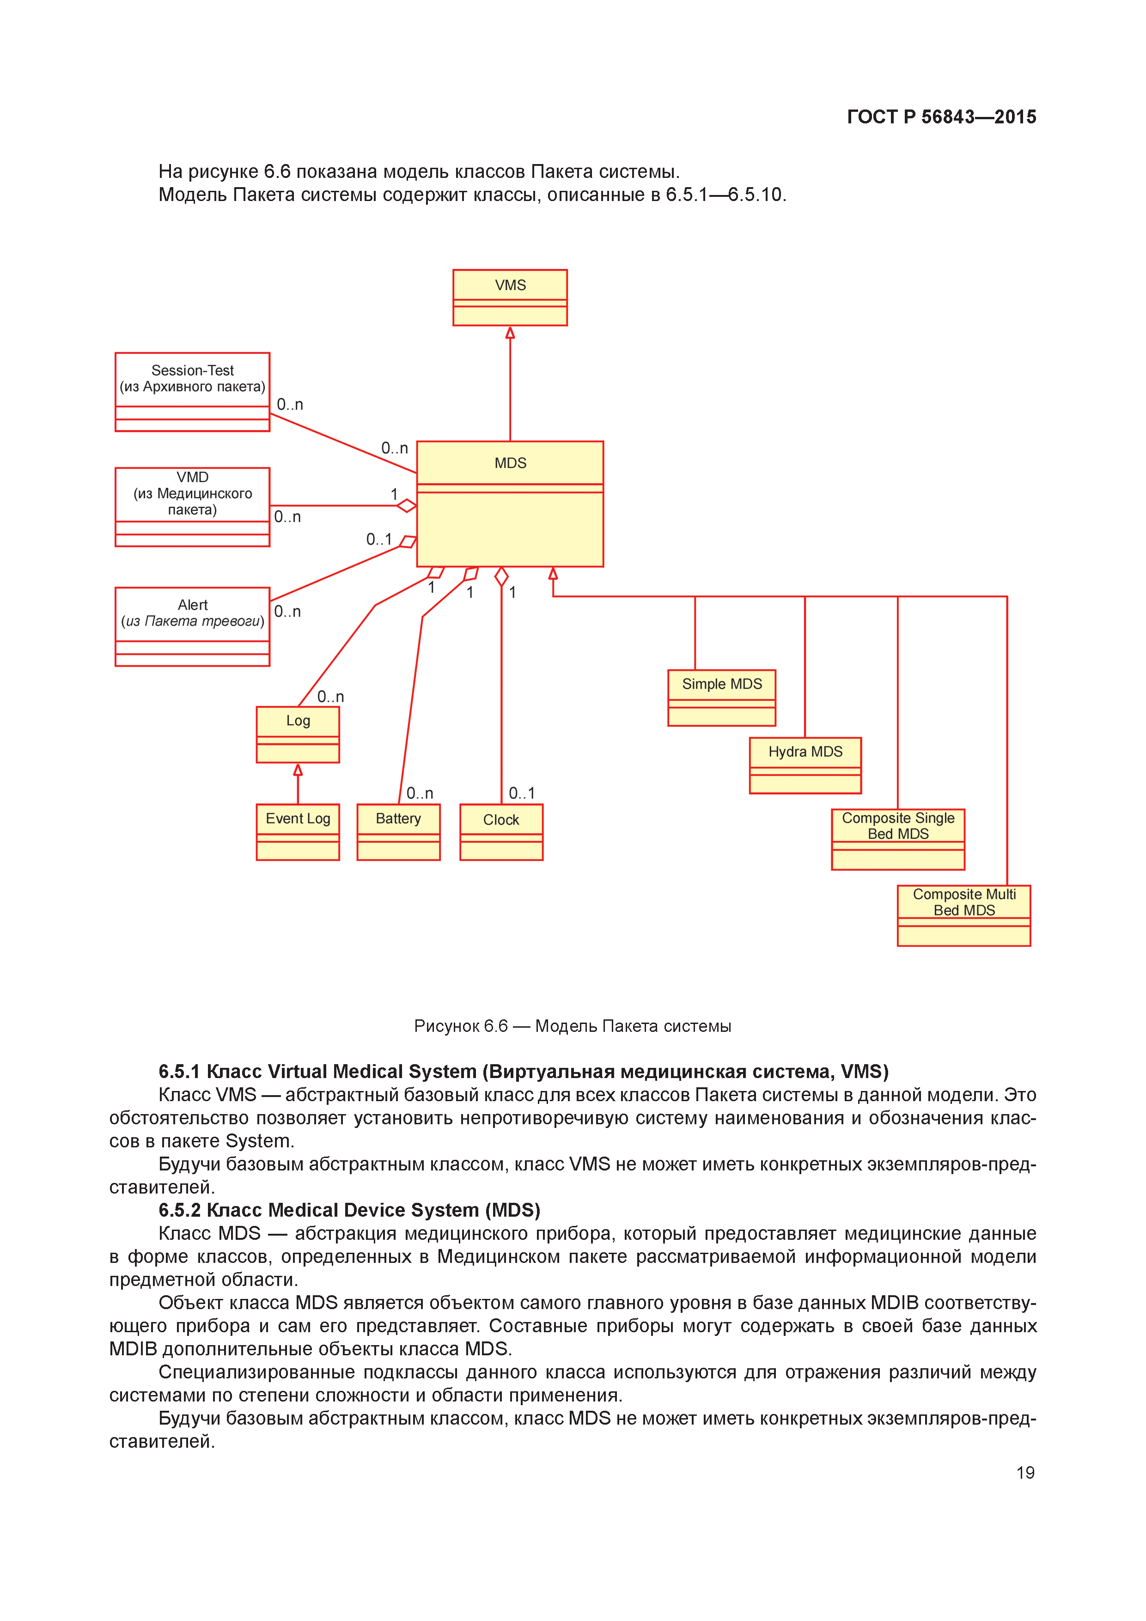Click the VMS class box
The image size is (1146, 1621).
click(x=510, y=297)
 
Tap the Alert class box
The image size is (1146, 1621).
click(x=192, y=626)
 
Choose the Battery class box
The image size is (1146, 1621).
click(x=398, y=832)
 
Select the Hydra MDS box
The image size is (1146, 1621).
click(x=805, y=765)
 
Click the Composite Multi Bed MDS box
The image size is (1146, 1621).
click(x=964, y=915)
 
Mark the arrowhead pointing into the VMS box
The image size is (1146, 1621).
click(x=510, y=333)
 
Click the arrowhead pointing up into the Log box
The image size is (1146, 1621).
click(x=298, y=769)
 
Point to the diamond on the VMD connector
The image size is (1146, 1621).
click(x=406, y=506)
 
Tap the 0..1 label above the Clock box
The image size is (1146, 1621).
click(x=522, y=793)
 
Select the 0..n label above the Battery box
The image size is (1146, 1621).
click(x=420, y=793)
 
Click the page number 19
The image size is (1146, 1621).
click(x=1025, y=1472)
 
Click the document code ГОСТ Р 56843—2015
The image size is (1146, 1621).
click(x=941, y=117)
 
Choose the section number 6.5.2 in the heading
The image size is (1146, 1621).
click(x=179, y=1210)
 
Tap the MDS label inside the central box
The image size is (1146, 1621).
click(x=510, y=463)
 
